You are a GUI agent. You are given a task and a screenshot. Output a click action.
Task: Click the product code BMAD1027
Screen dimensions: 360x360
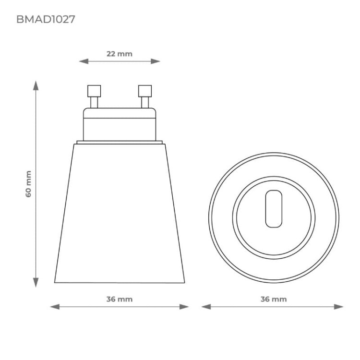pyautogui.click(x=46, y=20)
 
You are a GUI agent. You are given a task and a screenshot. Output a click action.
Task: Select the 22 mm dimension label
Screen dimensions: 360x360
pyautogui.click(x=119, y=54)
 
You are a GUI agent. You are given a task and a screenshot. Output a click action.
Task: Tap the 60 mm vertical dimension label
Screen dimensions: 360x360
pyautogui.click(x=29, y=184)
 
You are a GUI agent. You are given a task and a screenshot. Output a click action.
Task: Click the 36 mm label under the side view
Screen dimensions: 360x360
pyautogui.click(x=119, y=299)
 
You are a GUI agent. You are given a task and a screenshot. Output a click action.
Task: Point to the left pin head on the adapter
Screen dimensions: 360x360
pyautogui.click(x=94, y=91)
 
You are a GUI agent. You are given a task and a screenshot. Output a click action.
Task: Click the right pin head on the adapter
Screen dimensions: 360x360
pyautogui.click(x=144, y=91)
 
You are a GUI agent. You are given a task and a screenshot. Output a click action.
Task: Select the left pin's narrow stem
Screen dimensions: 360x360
pyautogui.click(x=94, y=103)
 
